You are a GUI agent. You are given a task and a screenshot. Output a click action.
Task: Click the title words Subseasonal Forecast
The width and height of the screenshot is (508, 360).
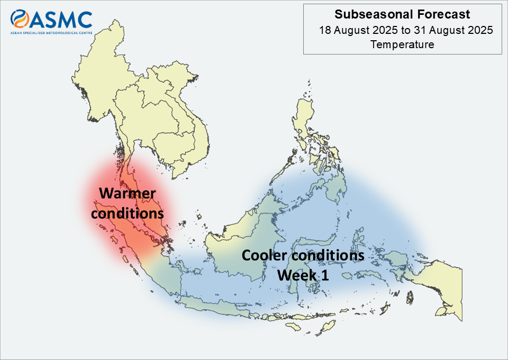[x=402, y=14]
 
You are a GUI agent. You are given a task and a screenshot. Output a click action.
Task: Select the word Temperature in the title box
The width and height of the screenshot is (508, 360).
[x=402, y=44]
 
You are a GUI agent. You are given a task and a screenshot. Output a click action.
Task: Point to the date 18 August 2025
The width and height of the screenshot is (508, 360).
[x=358, y=30]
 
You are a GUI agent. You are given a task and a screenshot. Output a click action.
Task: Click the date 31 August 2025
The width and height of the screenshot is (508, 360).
[x=453, y=30]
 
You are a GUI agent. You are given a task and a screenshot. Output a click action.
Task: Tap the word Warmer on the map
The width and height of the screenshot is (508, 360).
[x=128, y=193]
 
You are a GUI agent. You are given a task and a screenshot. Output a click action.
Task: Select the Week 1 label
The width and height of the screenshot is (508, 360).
[x=303, y=275]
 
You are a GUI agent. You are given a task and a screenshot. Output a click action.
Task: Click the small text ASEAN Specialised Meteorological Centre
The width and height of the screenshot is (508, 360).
[x=51, y=33]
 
